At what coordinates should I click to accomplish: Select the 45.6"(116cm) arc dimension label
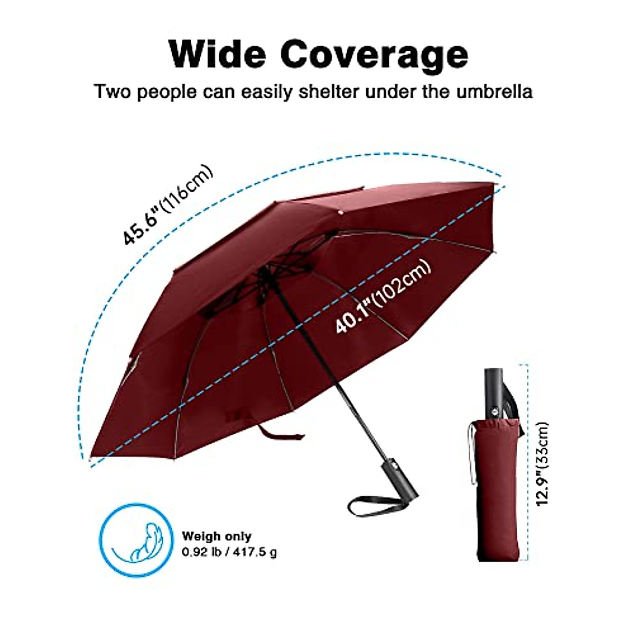pyautogui.click(x=168, y=206)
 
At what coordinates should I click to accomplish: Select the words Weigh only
pyautogui.click(x=217, y=536)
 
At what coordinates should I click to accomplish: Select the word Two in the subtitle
pyautogui.click(x=113, y=92)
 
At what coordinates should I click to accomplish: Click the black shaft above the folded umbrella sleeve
pyautogui.click(x=496, y=391)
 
